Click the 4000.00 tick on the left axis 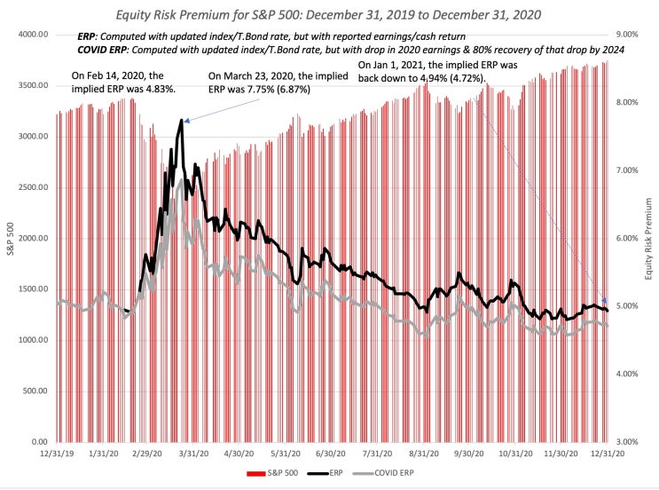click(x=30, y=35)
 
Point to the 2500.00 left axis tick click(x=30, y=187)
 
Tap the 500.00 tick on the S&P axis click(x=33, y=391)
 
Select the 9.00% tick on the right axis click(x=626, y=35)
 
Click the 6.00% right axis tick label click(x=626, y=238)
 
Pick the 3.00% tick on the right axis click(x=626, y=441)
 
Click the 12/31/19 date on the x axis click(x=57, y=454)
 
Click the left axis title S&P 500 click(x=11, y=238)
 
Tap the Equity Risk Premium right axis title click(x=648, y=238)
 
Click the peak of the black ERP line click(x=182, y=120)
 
